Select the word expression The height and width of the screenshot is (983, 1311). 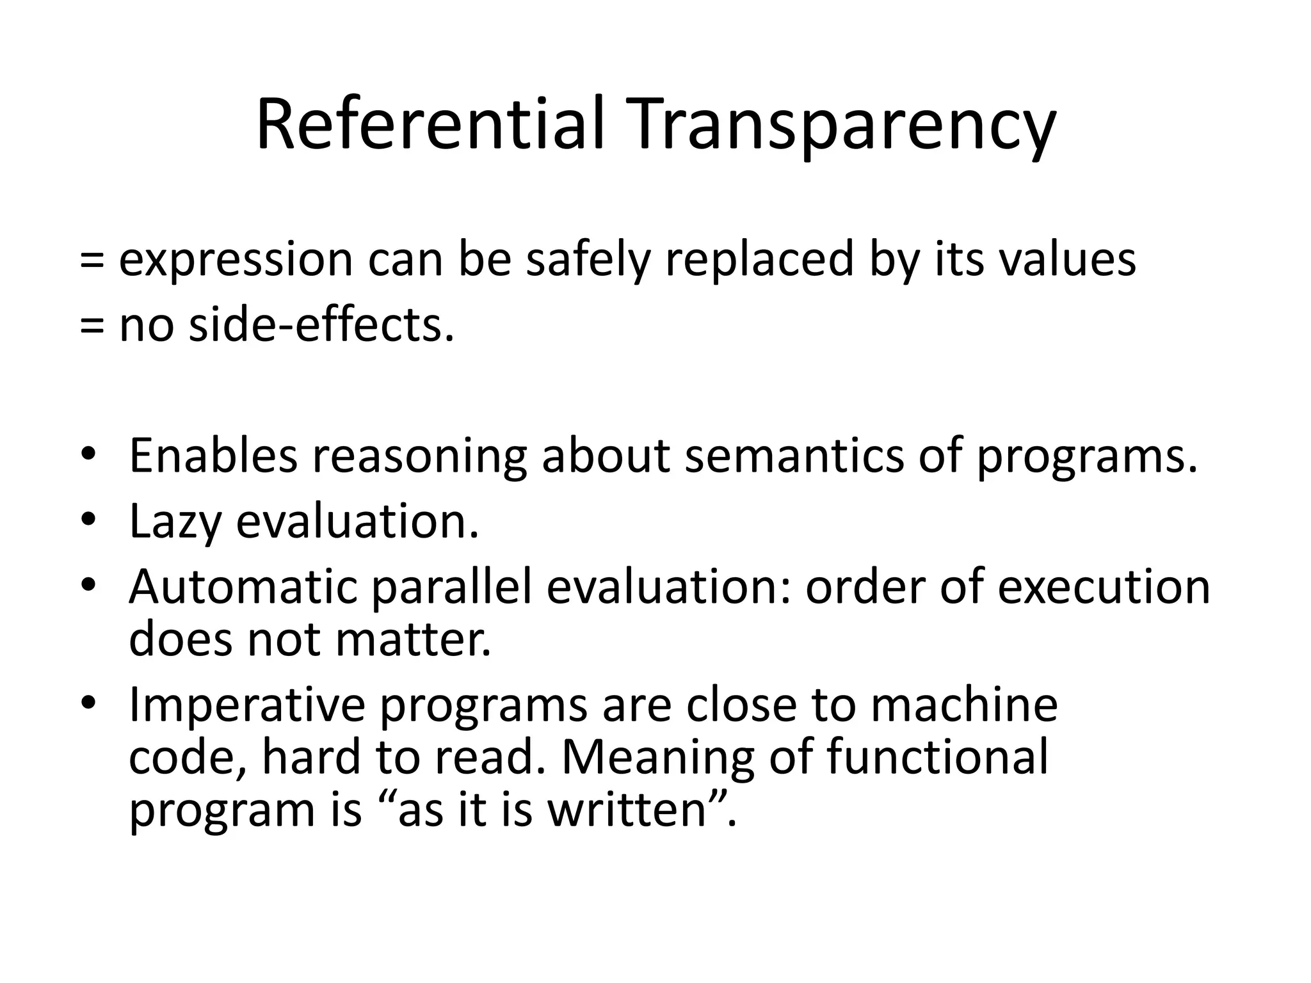(x=236, y=260)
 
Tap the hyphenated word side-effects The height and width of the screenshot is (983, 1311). (x=321, y=325)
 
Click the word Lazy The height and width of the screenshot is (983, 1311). (x=174, y=521)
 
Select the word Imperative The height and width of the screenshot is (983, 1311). (x=246, y=705)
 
